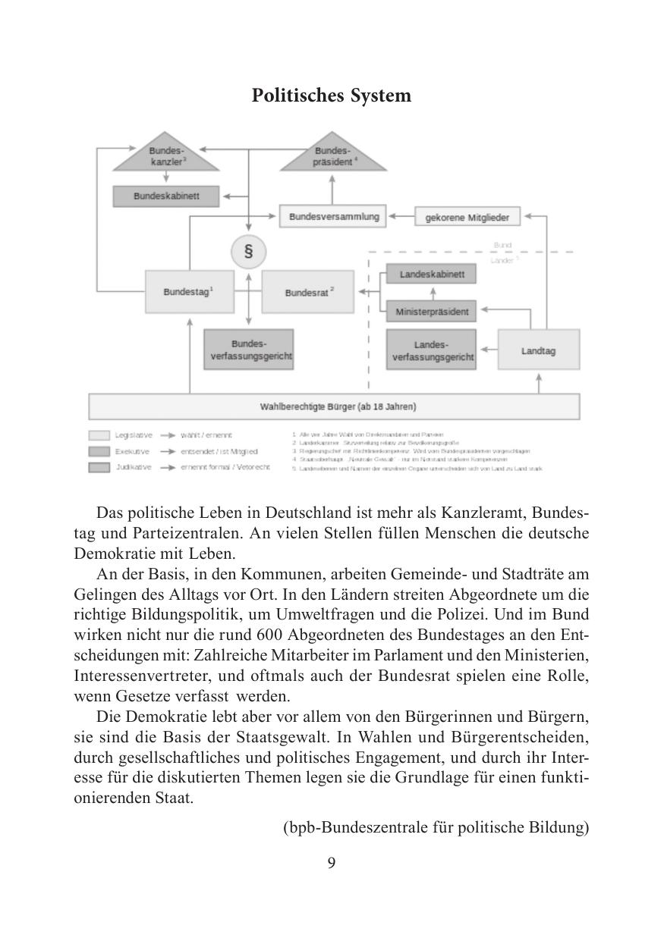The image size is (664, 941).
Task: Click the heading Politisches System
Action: [x=332, y=96]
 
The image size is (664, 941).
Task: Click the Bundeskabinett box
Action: [x=166, y=196]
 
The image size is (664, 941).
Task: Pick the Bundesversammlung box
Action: [x=333, y=216]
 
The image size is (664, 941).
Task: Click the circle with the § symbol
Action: [x=248, y=252]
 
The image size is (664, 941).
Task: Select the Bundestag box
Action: [x=188, y=291]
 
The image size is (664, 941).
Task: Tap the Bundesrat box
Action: [x=307, y=292]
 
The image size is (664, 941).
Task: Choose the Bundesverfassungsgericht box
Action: [x=248, y=350]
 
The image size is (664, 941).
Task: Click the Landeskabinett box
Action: [x=432, y=274]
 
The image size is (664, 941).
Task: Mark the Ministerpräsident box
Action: [x=432, y=311]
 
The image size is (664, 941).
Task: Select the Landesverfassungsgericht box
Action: [x=432, y=350]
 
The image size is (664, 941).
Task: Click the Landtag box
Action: [x=538, y=350]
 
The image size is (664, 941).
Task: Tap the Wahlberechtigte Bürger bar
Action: [x=334, y=406]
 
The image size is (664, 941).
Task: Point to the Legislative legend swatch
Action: [x=99, y=436]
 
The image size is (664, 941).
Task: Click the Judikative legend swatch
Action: [x=99, y=468]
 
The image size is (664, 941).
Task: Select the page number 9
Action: [x=332, y=863]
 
